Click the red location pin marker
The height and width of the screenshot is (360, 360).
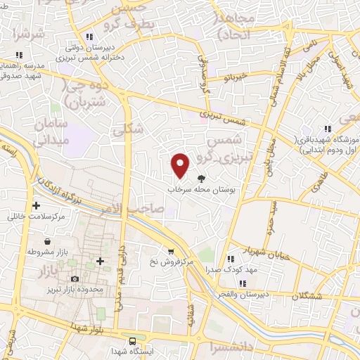(x=181, y=165)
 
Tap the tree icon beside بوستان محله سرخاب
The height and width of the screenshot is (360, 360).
(x=202, y=179)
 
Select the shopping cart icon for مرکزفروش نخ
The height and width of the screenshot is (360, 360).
(x=171, y=252)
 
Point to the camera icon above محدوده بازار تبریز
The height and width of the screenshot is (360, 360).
(x=75, y=280)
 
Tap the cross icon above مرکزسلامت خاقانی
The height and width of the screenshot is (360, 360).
(x=36, y=206)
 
